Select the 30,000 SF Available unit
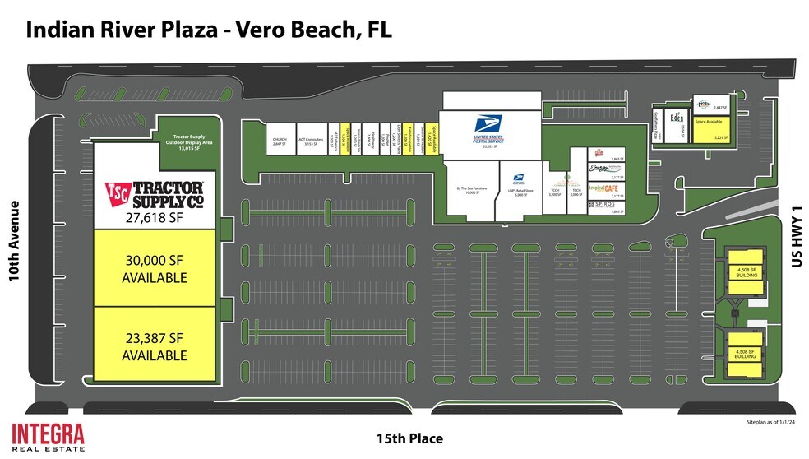[155, 268]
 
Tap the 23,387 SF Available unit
[155, 346]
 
